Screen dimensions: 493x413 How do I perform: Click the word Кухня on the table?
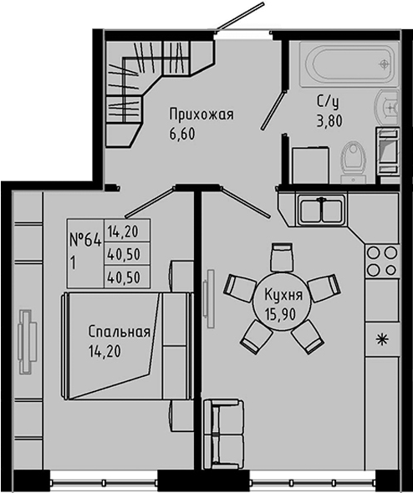pyautogui.click(x=283, y=293)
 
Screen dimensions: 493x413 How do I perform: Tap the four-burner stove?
pyautogui.click(x=381, y=261)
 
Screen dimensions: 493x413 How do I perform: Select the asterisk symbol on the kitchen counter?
pyautogui.click(x=382, y=338)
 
